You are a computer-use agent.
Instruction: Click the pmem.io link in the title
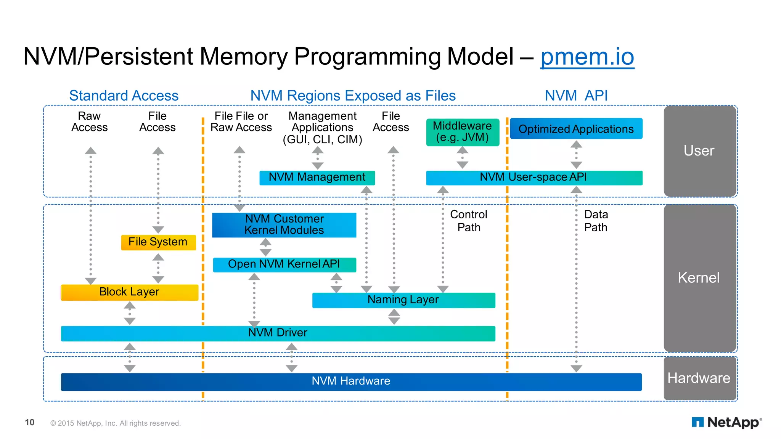[x=587, y=57]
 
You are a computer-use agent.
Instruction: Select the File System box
[x=158, y=242]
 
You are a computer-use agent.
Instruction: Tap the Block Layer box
[x=130, y=292]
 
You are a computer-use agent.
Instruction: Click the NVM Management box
[x=317, y=178]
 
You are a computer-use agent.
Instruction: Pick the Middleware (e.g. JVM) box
[x=463, y=132]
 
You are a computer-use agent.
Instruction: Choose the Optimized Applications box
[x=576, y=129]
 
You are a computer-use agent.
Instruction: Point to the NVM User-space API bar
[x=534, y=178]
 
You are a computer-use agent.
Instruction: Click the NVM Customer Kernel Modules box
[x=284, y=225]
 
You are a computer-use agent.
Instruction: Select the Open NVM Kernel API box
[x=284, y=265]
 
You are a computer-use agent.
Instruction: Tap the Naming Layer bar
[x=403, y=300]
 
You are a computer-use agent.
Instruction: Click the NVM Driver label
[x=278, y=333]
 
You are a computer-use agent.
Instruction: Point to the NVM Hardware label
[x=351, y=381]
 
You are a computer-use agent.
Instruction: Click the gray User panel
[x=700, y=151]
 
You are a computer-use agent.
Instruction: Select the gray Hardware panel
[x=700, y=378]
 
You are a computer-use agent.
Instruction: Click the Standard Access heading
[x=124, y=96]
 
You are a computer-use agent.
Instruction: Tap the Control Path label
[x=469, y=221]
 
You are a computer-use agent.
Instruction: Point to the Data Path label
[x=596, y=221]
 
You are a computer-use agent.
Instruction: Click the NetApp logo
[x=726, y=422]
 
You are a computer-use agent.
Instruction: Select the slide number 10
[x=30, y=422]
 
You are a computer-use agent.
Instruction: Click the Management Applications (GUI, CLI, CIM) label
[x=323, y=128]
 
